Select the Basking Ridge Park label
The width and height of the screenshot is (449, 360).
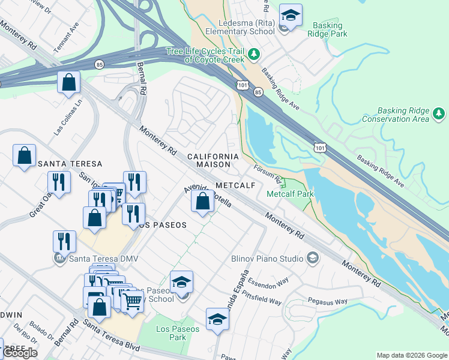click(x=328, y=30)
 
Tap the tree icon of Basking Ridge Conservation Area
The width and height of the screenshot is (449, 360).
click(x=439, y=113)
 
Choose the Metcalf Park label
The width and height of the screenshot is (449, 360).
click(x=290, y=194)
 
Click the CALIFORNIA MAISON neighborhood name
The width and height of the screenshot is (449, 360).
click(x=212, y=161)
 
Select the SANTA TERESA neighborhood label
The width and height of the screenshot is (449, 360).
click(x=70, y=164)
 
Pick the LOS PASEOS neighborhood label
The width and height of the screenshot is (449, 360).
click(x=163, y=225)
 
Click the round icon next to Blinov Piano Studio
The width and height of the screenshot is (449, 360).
click(x=312, y=258)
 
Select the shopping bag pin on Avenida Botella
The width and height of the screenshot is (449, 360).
click(x=203, y=202)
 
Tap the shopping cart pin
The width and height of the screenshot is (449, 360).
click(x=133, y=300)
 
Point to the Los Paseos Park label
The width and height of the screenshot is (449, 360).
click(x=170, y=333)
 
